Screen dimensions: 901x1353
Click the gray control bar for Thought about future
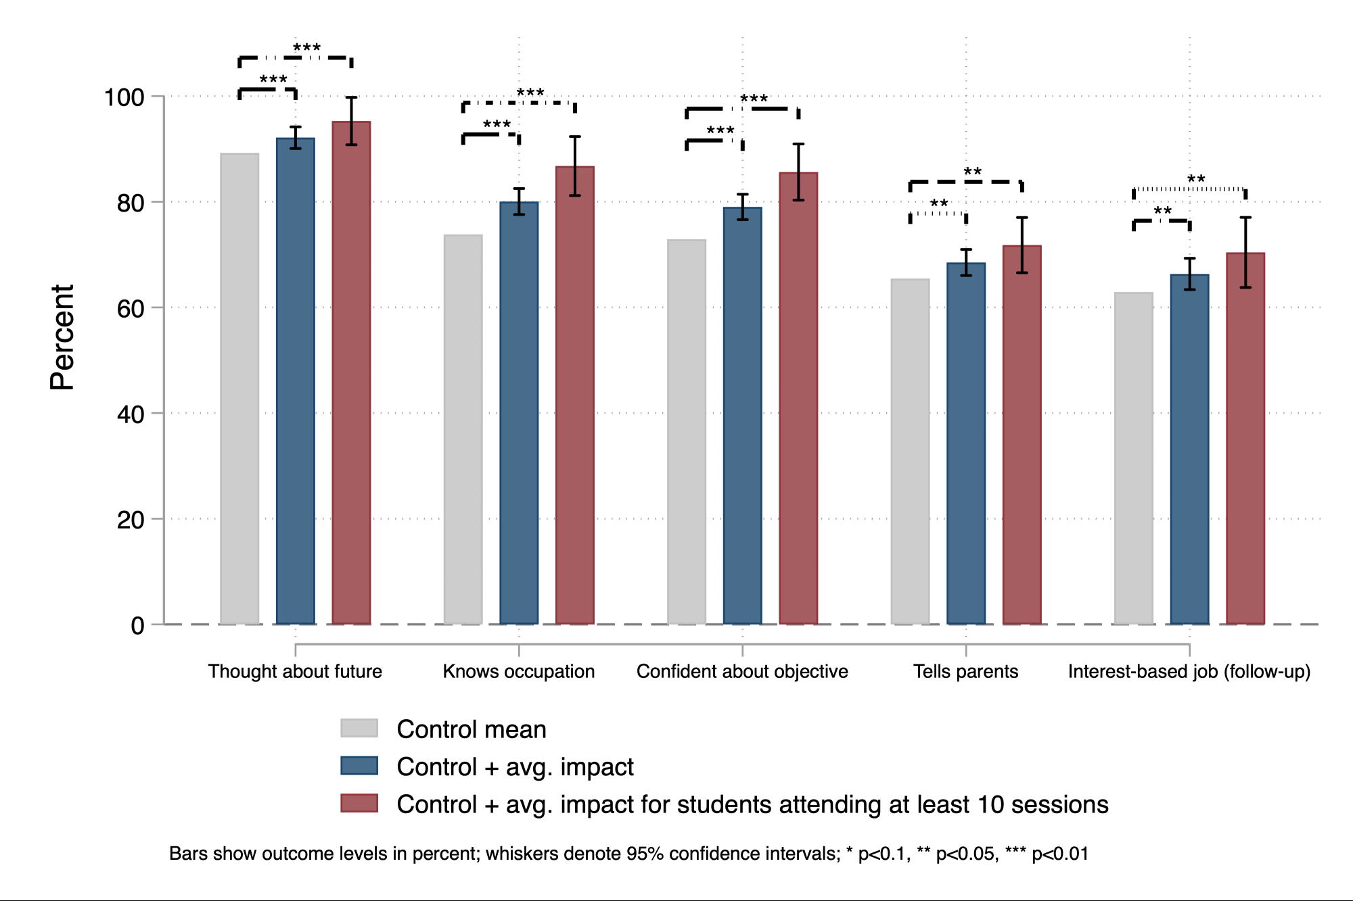pyautogui.click(x=239, y=389)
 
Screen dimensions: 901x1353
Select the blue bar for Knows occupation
pyautogui.click(x=519, y=412)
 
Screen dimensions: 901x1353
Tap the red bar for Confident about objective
pyautogui.click(x=798, y=399)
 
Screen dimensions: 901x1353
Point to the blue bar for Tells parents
pyautogui.click(x=966, y=443)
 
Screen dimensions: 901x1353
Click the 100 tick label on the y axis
pyautogui.click(x=124, y=97)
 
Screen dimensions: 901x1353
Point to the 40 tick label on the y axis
pyautogui.click(x=131, y=414)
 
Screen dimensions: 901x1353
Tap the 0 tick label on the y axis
pyautogui.click(x=137, y=626)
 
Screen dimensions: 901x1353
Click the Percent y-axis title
pyautogui.click(x=62, y=337)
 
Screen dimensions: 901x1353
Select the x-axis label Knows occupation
pyautogui.click(x=519, y=671)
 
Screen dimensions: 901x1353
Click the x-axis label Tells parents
pyautogui.click(x=965, y=671)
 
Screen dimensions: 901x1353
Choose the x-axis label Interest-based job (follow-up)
pyautogui.click(x=1189, y=671)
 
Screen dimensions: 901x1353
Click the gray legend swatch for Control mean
pyautogui.click(x=359, y=728)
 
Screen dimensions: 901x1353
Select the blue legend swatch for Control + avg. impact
pyautogui.click(x=359, y=766)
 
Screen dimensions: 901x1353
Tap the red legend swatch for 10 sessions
pyautogui.click(x=359, y=803)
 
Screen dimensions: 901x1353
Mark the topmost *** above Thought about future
pyautogui.click(x=306, y=47)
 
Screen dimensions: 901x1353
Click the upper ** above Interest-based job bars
pyautogui.click(x=1196, y=179)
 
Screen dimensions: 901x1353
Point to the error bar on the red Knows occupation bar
pyautogui.click(x=575, y=166)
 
